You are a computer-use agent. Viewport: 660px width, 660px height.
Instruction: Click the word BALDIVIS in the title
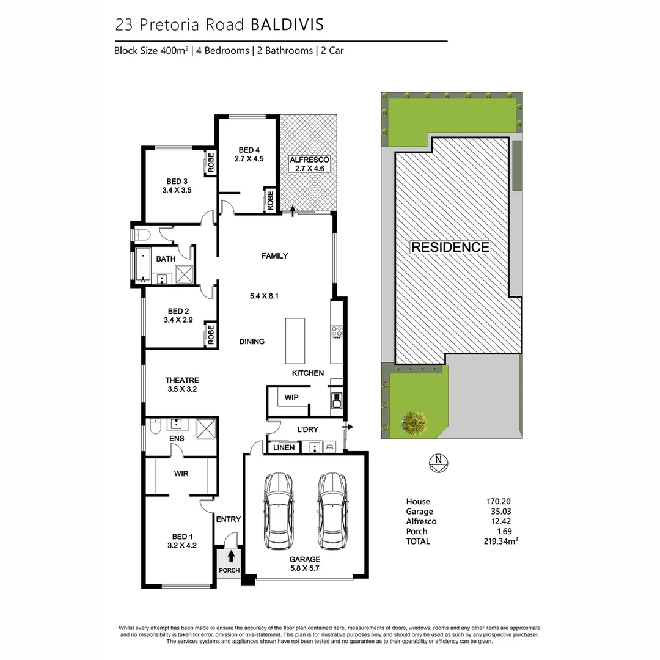coord(287,24)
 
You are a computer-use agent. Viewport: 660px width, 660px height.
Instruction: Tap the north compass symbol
coord(438,463)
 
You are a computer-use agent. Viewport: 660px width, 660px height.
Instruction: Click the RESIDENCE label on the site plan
coord(450,248)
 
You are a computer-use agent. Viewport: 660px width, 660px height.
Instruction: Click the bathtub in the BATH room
coord(142,265)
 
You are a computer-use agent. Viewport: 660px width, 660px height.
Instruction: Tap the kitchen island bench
coord(295,341)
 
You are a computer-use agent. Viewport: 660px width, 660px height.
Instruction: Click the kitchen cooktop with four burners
coord(337,332)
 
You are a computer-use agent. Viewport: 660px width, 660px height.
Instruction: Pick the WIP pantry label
coord(291,398)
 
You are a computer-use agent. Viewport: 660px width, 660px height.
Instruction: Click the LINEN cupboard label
coord(284,448)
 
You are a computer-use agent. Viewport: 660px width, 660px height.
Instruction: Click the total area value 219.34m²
coord(501,541)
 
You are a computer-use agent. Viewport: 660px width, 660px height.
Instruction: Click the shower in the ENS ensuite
coord(207,429)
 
